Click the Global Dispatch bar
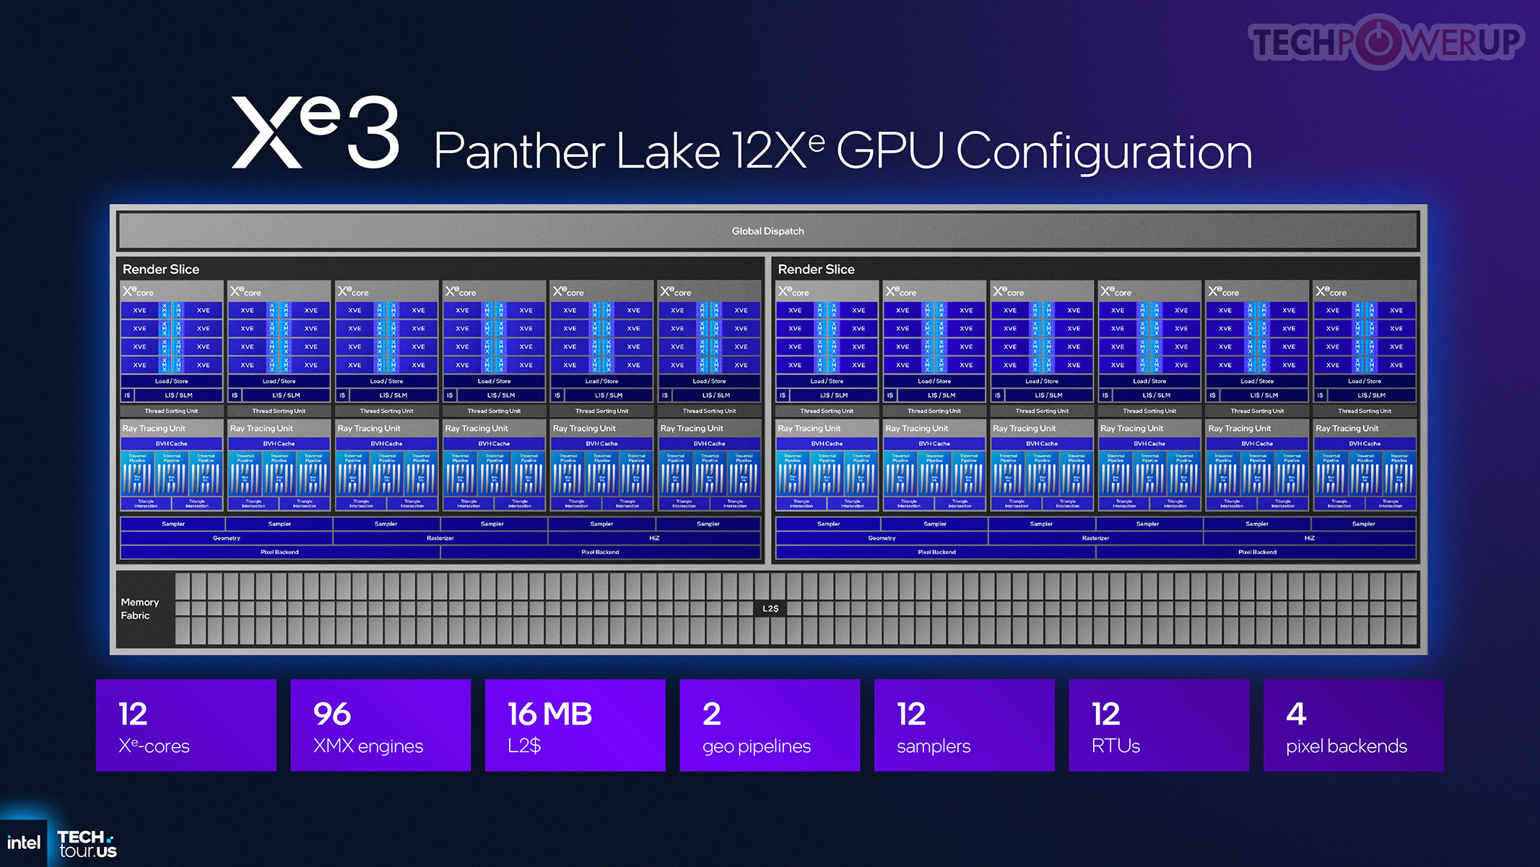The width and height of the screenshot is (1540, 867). tap(767, 231)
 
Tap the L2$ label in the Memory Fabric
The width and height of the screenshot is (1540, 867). tap(770, 608)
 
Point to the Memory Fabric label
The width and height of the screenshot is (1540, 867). tap(139, 608)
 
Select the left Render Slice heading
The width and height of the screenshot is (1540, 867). tap(161, 269)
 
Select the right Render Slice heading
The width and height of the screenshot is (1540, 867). tap(816, 269)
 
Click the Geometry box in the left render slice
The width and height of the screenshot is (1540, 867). tap(226, 538)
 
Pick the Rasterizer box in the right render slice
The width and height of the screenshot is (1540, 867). tap(1095, 538)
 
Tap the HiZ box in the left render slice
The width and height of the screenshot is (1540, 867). tap(654, 538)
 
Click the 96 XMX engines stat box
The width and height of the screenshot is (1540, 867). tap(380, 725)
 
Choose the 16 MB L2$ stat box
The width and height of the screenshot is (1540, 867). tap(575, 725)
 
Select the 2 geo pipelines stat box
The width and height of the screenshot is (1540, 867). tap(770, 725)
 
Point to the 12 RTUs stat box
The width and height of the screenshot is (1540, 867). tap(1159, 725)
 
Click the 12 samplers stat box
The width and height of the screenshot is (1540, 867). tap(964, 725)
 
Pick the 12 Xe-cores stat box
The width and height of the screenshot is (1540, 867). tap(186, 725)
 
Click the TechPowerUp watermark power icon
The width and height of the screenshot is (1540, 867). tap(1378, 42)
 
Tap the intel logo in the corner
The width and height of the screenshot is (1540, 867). tap(24, 842)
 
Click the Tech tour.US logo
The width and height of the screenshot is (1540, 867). tap(87, 844)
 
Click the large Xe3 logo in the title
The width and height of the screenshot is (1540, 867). tap(315, 133)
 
